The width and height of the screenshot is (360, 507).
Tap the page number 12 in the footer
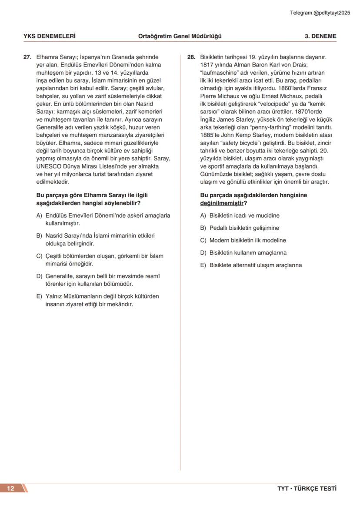(10, 488)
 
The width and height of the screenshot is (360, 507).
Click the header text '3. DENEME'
(320, 36)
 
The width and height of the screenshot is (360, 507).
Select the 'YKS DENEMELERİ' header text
(49, 36)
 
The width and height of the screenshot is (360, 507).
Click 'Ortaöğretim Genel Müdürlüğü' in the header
(180, 36)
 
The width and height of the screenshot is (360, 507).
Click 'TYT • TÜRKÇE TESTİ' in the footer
(307, 488)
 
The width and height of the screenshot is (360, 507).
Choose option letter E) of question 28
(203, 265)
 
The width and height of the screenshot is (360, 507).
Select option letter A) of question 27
(39, 215)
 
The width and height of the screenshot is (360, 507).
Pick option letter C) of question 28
(203, 240)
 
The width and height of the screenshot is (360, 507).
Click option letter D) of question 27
(39, 276)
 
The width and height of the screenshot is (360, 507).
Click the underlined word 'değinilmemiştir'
(222, 203)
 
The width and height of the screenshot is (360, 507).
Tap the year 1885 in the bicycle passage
(207, 135)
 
